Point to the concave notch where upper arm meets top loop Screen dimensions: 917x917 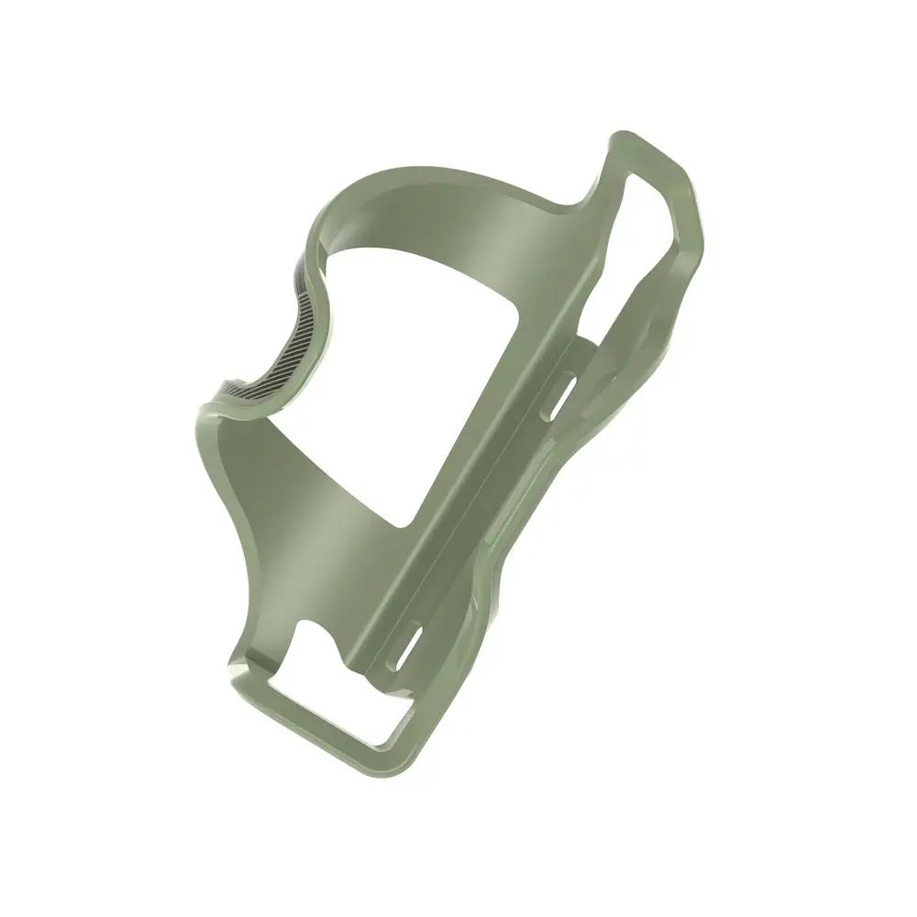click(591, 197)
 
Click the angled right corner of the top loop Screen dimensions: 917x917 click(697, 215)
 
